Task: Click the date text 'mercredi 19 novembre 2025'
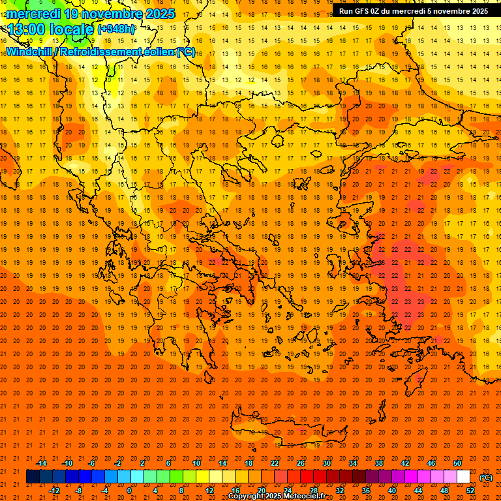pyautogui.click(x=91, y=14)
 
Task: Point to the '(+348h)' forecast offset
pyautogui.click(x=117, y=29)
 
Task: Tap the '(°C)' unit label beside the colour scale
pyautogui.click(x=485, y=478)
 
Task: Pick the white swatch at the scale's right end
pyautogui.click(x=464, y=477)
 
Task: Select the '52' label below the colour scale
pyautogui.click(x=470, y=490)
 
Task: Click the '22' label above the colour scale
pyautogui.click(x=275, y=463)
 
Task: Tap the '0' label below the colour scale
pyautogui.click(x=129, y=490)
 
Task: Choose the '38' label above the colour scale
pyautogui.click(x=379, y=463)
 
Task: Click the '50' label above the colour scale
pyautogui.click(x=457, y=463)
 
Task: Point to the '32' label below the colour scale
pyautogui.click(x=340, y=490)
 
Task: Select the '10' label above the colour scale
pyautogui.click(x=196, y=463)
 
